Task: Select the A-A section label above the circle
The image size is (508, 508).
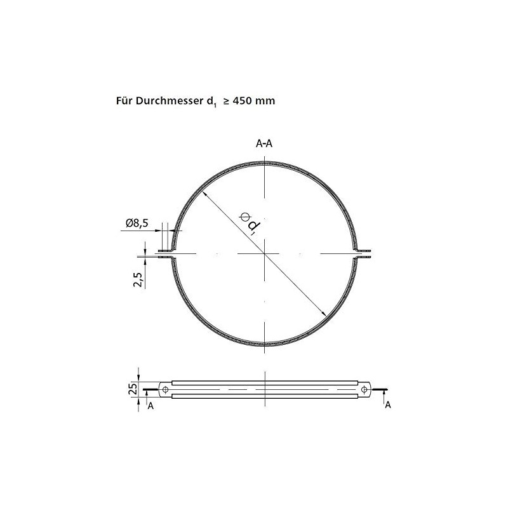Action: [x=264, y=144]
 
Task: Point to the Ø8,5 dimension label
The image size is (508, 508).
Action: [x=137, y=223]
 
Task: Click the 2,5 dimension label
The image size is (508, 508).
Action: [x=138, y=279]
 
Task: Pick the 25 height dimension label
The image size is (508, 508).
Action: [x=133, y=389]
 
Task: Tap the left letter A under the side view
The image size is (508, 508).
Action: [x=150, y=406]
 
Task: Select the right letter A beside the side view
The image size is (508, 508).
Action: [x=388, y=404]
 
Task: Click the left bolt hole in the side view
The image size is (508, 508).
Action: [x=165, y=389]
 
